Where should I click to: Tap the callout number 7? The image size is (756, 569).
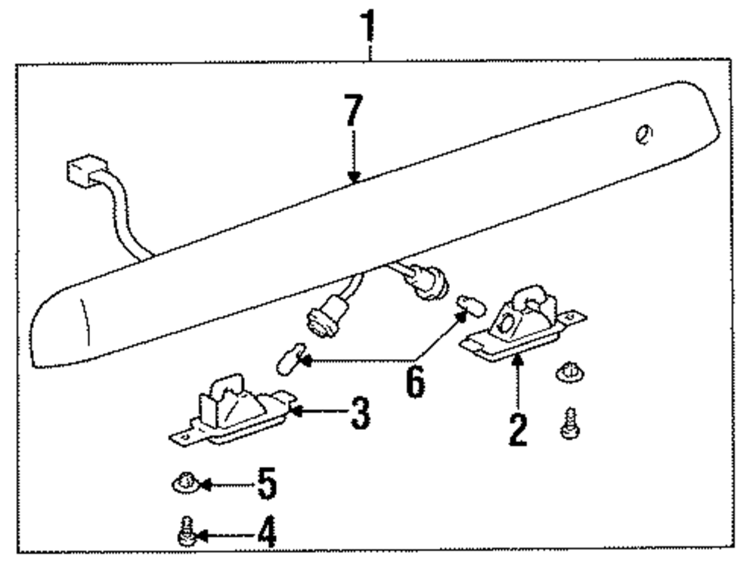(352, 113)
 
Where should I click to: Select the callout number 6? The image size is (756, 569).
(414, 382)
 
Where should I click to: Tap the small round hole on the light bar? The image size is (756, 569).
(644, 135)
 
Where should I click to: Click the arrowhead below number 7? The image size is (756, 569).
(353, 177)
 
